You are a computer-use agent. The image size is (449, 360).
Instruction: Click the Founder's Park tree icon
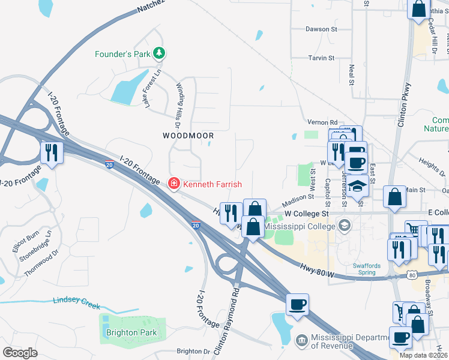(x=159, y=54)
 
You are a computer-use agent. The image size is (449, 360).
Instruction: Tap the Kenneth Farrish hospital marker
(x=173, y=183)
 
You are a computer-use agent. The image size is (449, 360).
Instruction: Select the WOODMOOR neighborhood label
(x=188, y=136)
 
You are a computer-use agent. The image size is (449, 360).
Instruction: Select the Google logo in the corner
(x=20, y=352)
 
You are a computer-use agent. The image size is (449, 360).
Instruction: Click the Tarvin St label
(x=321, y=58)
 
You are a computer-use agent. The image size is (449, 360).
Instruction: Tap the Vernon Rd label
(x=322, y=122)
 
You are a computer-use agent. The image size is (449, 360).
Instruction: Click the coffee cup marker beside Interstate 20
(x=297, y=305)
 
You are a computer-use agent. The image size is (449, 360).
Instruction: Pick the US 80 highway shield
(x=410, y=274)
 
